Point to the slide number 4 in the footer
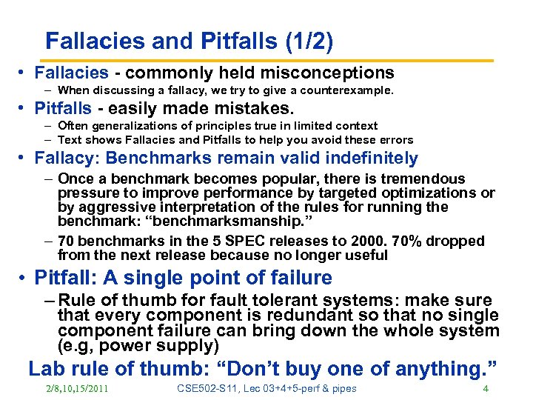(x=485, y=389)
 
